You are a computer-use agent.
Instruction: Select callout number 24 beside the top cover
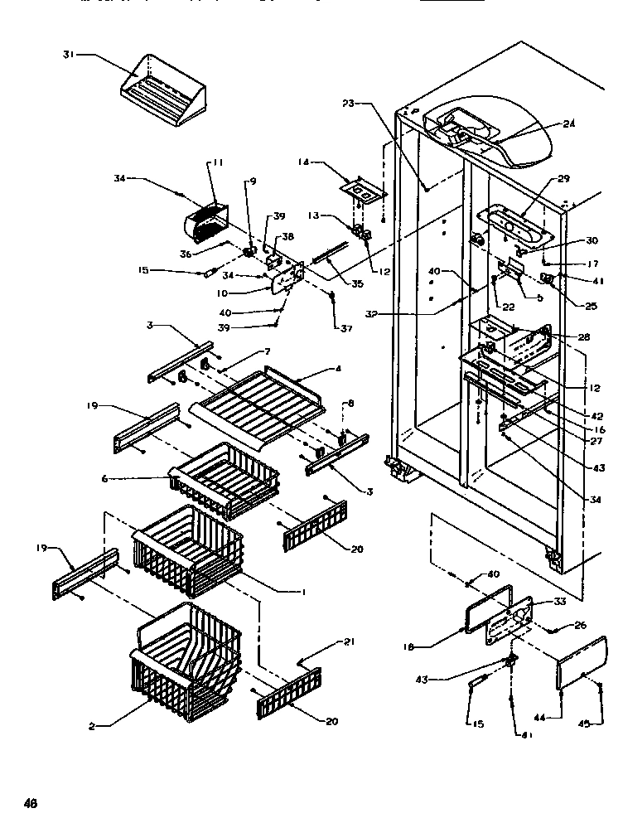point(569,124)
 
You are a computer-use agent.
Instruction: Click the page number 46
point(31,802)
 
